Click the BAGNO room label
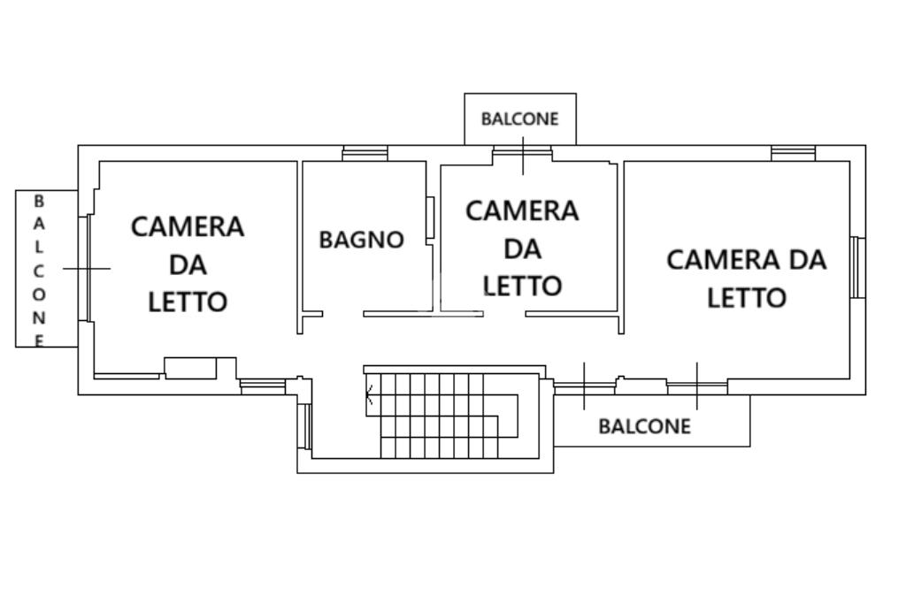click(x=361, y=240)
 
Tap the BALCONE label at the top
click(x=520, y=119)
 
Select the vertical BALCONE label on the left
click(x=39, y=270)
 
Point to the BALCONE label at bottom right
click(x=644, y=426)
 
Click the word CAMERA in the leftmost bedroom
click(x=188, y=227)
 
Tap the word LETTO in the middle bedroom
click(x=523, y=286)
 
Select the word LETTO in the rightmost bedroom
click(x=747, y=297)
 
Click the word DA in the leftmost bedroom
click(x=188, y=264)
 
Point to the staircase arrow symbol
click(x=370, y=396)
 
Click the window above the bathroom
click(x=365, y=154)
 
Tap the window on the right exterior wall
click(x=856, y=267)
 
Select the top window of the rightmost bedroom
click(x=793, y=154)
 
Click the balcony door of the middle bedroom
click(x=522, y=154)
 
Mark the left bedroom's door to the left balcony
click(x=87, y=268)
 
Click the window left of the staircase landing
click(x=305, y=425)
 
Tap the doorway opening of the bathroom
click(x=342, y=314)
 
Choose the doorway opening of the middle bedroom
click(x=504, y=314)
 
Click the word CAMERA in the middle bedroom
click(x=523, y=211)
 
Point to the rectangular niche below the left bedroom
click(x=190, y=367)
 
